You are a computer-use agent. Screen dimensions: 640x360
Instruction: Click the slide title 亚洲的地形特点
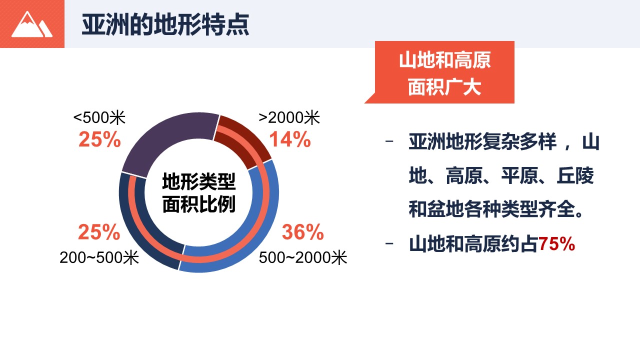(x=165, y=24)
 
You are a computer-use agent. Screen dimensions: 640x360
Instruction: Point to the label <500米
(x=99, y=117)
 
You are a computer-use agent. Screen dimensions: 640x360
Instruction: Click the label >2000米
(x=289, y=117)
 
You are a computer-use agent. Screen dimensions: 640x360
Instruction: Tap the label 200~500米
(x=99, y=257)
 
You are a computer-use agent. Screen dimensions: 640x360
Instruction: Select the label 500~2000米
(x=303, y=257)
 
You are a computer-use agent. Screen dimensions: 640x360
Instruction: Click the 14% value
(x=289, y=139)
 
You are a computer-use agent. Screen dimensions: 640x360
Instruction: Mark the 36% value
(x=303, y=231)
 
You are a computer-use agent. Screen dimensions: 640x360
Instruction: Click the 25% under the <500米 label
(x=99, y=139)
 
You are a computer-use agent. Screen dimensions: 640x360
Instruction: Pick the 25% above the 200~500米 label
(x=99, y=231)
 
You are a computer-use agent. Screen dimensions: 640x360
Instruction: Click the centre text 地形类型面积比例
(x=199, y=193)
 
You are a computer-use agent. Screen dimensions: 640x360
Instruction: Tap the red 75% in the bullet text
(x=556, y=244)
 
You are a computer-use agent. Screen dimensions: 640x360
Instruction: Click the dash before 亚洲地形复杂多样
(x=389, y=141)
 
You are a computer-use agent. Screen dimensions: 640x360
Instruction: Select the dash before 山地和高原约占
(x=389, y=243)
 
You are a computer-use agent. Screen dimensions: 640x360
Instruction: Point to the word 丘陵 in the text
(x=575, y=175)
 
